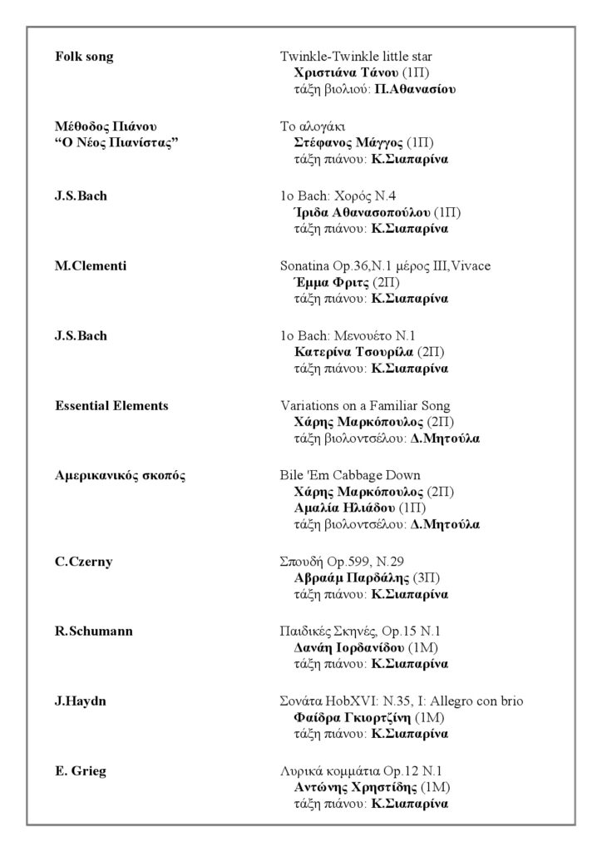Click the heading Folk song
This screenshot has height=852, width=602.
(84, 57)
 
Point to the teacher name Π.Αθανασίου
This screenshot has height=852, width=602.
(416, 88)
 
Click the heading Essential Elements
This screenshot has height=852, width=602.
(111, 406)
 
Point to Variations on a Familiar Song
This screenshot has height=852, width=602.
(365, 406)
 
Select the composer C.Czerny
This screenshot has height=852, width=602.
(84, 562)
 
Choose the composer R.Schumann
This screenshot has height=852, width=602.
(94, 632)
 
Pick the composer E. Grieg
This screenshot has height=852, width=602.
(81, 771)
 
